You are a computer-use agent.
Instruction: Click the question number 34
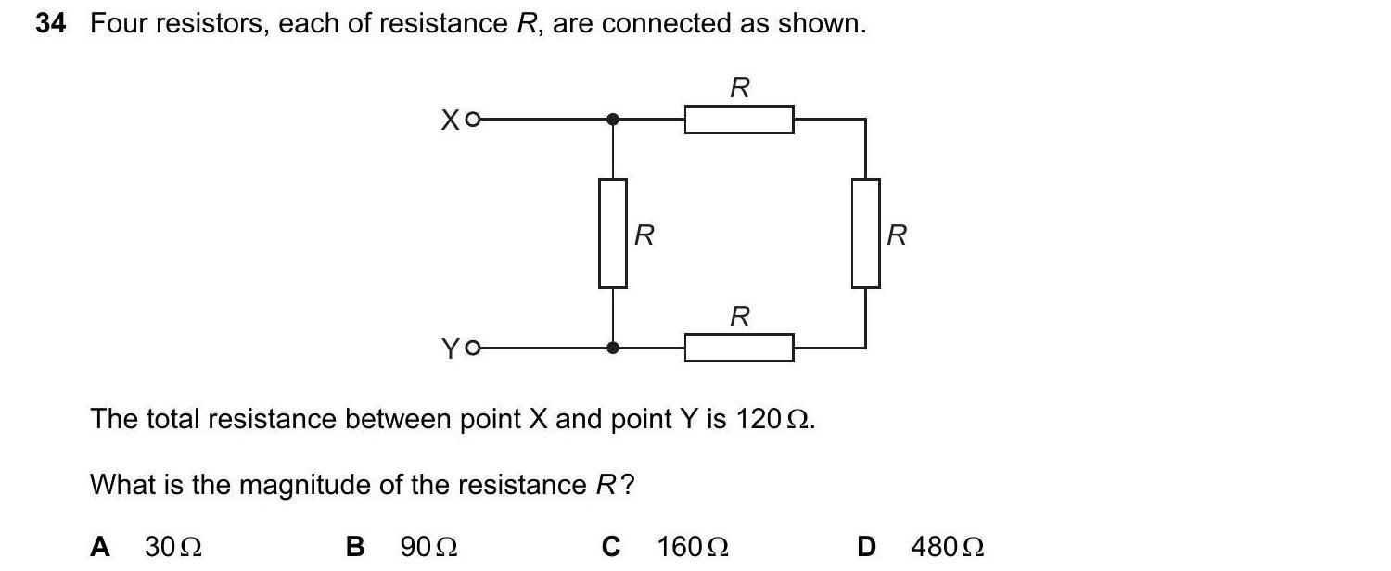point(50,24)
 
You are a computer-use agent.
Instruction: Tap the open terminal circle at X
point(473,120)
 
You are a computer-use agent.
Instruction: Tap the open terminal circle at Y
point(473,349)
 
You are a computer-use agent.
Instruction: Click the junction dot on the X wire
point(612,120)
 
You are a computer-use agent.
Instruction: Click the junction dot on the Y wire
point(612,348)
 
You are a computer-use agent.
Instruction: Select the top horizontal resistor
point(739,120)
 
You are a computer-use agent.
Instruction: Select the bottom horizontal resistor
point(739,348)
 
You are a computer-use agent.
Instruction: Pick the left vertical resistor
point(612,234)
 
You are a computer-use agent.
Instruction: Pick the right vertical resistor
point(866,234)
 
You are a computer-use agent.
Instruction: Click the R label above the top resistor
point(739,88)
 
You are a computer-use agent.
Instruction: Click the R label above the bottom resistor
point(739,317)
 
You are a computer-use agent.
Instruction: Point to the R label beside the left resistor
point(644,235)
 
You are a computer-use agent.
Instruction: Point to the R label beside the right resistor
point(896,235)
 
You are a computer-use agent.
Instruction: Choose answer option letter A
point(99,547)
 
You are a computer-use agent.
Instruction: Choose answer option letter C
point(610,547)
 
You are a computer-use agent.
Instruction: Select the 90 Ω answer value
point(428,547)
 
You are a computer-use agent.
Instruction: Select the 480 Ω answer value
point(947,547)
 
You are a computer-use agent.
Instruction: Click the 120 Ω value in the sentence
point(773,420)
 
